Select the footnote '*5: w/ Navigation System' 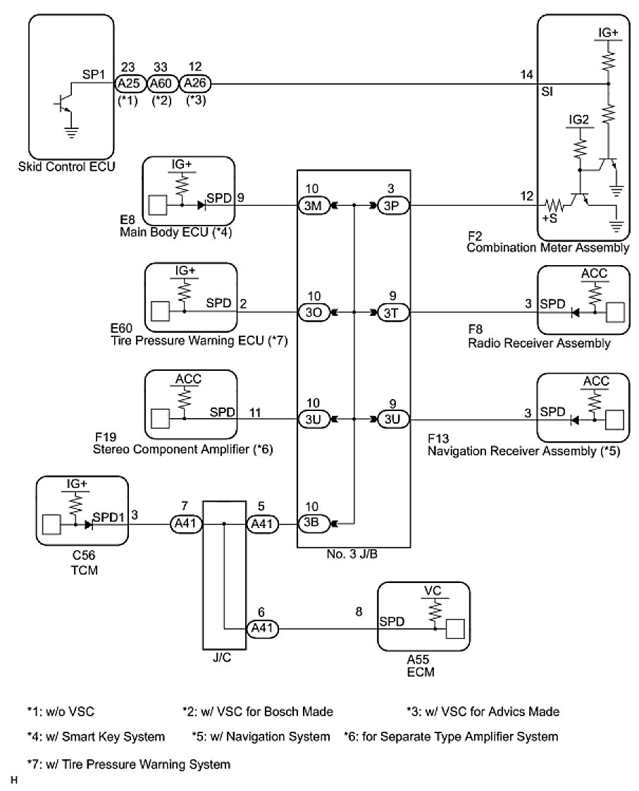pyautogui.click(x=260, y=737)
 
